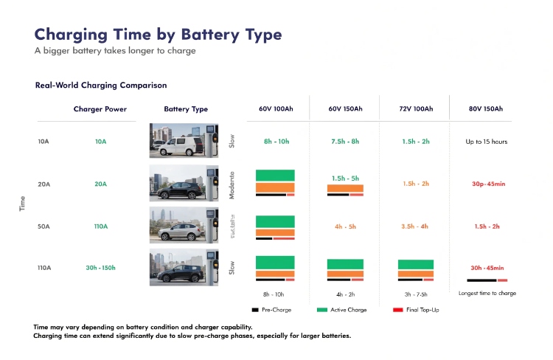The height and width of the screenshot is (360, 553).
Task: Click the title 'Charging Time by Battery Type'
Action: (158, 35)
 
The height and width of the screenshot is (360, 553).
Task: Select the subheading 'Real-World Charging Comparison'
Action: (101, 86)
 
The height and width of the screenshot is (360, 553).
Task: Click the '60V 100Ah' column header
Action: (274, 109)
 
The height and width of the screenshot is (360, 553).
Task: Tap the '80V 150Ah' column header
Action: (485, 109)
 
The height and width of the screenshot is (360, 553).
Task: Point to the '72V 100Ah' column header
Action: (415, 109)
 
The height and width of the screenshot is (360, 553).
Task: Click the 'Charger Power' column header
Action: (100, 109)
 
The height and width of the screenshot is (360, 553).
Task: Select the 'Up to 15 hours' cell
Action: (487, 141)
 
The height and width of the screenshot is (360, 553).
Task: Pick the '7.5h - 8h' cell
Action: (345, 141)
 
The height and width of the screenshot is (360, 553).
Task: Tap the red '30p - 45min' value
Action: (487, 184)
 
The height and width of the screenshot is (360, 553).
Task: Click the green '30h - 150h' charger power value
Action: (100, 268)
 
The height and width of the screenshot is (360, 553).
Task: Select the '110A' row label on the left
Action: (44, 268)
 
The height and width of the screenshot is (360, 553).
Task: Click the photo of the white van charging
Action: (184, 140)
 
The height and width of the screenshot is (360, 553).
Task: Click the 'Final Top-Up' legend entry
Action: (422, 310)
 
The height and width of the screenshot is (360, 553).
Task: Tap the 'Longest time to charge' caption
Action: (487, 294)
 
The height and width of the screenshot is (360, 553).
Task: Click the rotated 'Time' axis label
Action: (21, 204)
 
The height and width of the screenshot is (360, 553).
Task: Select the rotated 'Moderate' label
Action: (232, 184)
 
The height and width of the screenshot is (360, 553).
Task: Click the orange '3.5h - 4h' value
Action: (415, 226)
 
